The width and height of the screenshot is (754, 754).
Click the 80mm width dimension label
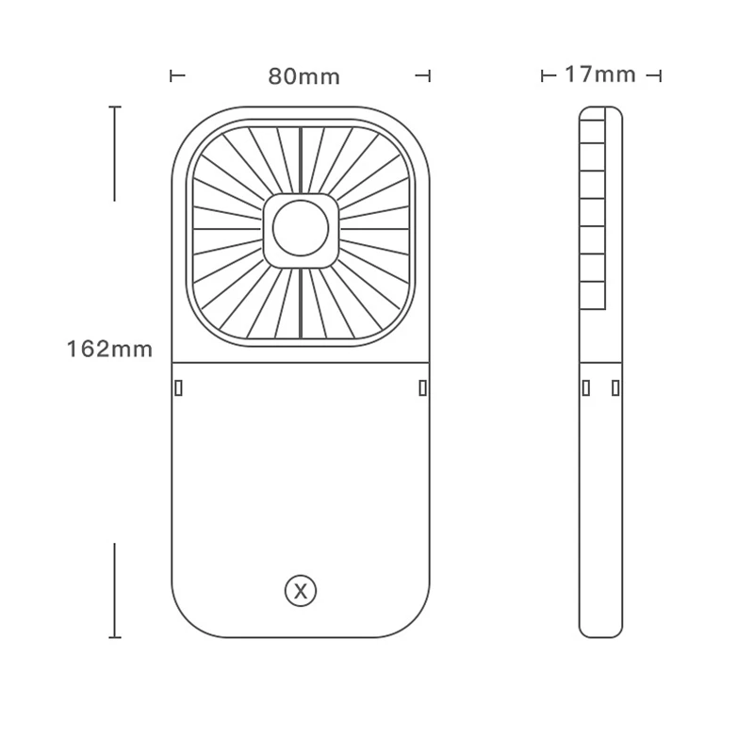point(303,76)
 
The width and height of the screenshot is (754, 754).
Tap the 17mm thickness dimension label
point(600,74)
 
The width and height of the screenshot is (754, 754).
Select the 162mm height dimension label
point(109,349)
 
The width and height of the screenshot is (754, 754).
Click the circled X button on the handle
point(301,592)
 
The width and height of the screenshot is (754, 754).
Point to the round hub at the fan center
point(301,228)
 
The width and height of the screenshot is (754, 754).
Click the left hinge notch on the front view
point(178,387)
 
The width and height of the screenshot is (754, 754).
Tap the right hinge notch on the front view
point(422,387)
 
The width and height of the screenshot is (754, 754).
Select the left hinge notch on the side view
point(586,387)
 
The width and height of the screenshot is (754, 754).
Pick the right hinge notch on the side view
point(615,387)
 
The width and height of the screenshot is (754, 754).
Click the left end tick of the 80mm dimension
point(172,75)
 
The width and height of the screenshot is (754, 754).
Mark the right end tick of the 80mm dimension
point(430,75)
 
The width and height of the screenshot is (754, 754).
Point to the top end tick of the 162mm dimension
point(115,107)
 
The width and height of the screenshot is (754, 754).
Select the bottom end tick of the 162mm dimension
point(115,637)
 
